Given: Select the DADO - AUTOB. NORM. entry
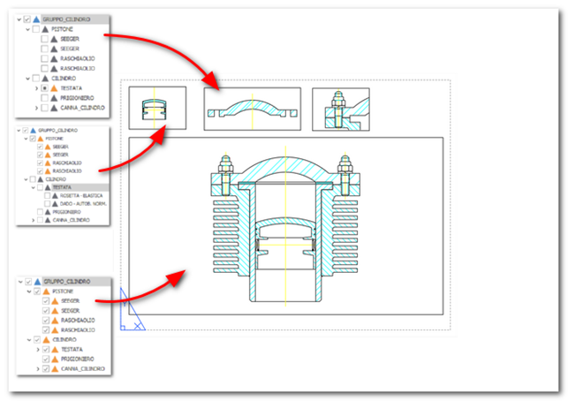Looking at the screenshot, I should tap(84, 203).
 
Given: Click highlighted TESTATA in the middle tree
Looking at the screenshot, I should tap(61, 187).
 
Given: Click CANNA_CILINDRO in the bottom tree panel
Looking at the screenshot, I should tap(84, 367).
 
